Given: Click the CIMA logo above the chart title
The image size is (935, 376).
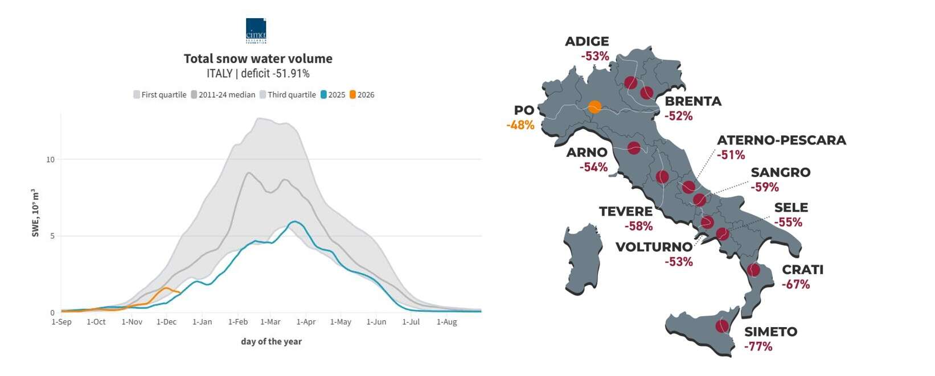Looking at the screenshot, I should click(256, 31).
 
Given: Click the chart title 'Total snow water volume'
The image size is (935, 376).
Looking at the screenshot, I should click(258, 59).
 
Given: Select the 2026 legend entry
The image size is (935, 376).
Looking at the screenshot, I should click(362, 95).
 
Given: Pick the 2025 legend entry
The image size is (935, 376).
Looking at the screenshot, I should click(333, 95).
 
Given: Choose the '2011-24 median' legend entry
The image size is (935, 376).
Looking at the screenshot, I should click(223, 95).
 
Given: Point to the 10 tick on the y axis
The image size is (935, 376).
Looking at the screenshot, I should click(51, 160).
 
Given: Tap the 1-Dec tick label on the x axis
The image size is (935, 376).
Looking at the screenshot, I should click(167, 322).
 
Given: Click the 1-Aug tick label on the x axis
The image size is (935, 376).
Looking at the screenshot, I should click(446, 322).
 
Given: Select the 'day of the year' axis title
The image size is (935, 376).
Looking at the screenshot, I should click(271, 341).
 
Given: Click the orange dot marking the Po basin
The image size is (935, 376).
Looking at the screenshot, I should click(594, 106).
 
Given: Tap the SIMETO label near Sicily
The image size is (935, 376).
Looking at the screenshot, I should click(770, 332).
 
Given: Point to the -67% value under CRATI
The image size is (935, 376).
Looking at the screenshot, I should click(795, 284).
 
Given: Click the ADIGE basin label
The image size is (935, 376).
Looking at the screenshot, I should click(587, 42).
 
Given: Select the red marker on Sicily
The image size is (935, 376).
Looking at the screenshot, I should click(722, 326).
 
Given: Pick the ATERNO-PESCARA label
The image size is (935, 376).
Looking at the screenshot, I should click(781, 141).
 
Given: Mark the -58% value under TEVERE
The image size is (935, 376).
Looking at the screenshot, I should click(638, 226).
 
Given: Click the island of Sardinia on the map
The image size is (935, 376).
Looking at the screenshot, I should click(583, 259).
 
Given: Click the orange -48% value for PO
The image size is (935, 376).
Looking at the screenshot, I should click(520, 125).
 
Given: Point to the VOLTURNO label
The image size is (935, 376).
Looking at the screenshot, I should click(654, 247).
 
